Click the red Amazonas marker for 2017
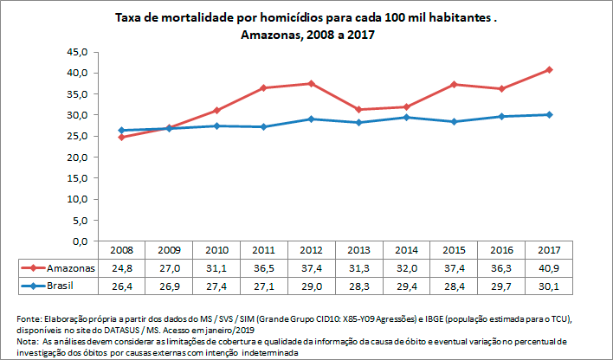[549, 69]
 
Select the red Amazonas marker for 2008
[121, 137]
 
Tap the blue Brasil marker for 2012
[312, 119]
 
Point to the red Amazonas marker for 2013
[359, 110]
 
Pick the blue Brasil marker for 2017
[549, 114]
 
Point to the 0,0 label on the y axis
[80, 241]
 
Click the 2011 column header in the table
[264, 250]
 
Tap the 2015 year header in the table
[454, 250]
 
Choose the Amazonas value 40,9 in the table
[549, 267]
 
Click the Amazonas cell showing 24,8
[121, 267]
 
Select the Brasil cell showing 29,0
[312, 285]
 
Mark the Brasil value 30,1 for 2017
[549, 285]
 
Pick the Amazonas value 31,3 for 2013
[359, 267]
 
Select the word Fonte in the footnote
[29, 318]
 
